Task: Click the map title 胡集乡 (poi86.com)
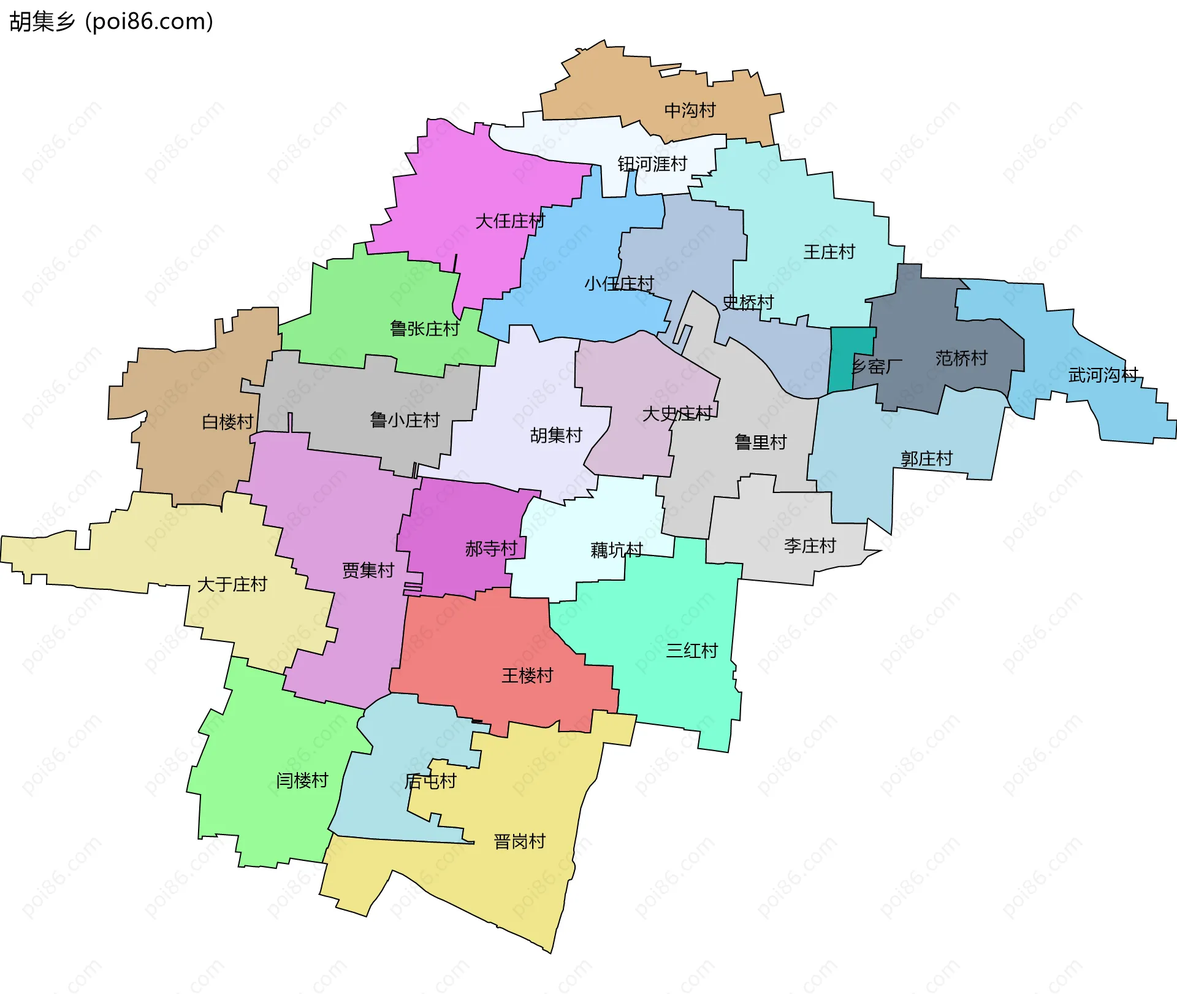tap(111, 21)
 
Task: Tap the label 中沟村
tap(690, 110)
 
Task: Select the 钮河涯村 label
tap(652, 164)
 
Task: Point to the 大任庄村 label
tap(510, 221)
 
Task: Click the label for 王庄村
tap(829, 251)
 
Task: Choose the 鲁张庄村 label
tap(425, 329)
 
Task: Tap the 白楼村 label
tap(227, 422)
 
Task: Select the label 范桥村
tap(961, 358)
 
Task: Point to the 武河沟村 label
tap(1103, 375)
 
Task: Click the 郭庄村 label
tap(926, 459)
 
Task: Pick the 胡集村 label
tap(556, 435)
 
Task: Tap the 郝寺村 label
tap(491, 548)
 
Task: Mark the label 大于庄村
tap(232, 584)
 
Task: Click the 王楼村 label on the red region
tap(527, 676)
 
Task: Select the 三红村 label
tap(691, 651)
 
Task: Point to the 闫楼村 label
tap(302, 781)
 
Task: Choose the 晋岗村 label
tap(519, 841)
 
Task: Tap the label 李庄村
tap(810, 546)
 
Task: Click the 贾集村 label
tap(368, 570)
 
